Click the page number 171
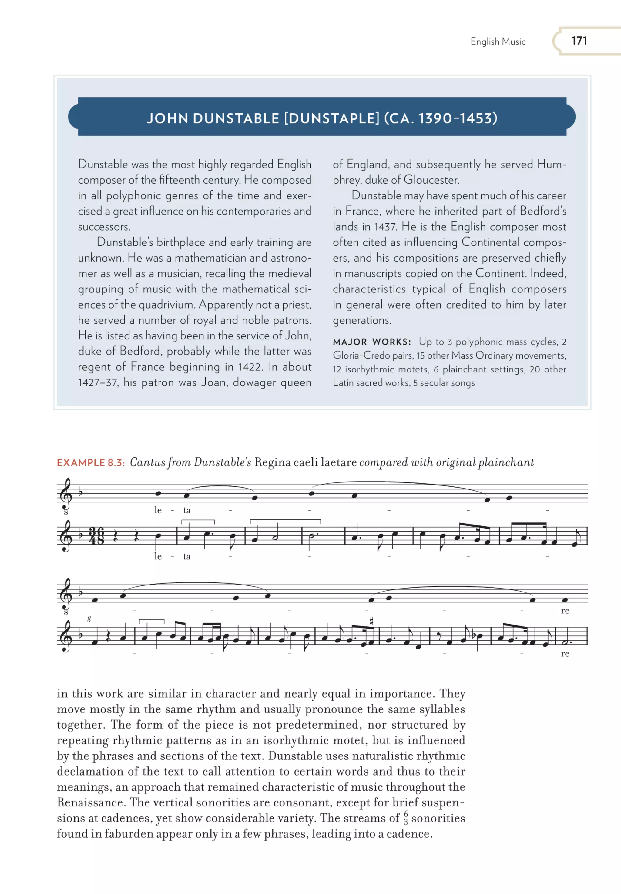579,41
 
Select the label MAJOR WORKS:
371,342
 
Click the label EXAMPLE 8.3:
90,462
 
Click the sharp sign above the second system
372,621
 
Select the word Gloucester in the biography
431,180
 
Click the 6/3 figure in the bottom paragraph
405,818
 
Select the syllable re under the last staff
565,654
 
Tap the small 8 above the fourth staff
89,619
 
